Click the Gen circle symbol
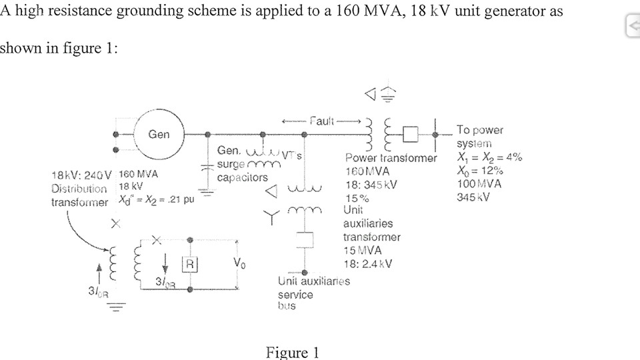coord(159,134)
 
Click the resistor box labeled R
coord(191,263)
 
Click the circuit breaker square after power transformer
coord(409,135)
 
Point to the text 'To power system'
coord(479,137)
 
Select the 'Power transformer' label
coord(391,158)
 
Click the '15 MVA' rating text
coord(363,250)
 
